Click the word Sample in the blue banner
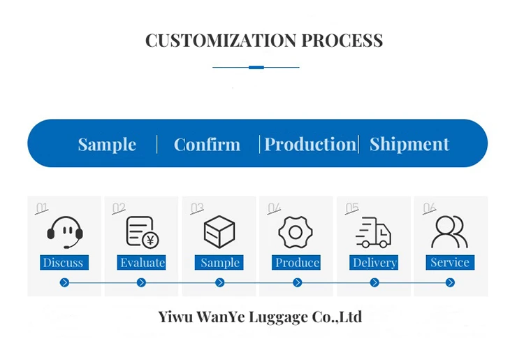[107, 145]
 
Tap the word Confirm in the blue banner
[207, 145]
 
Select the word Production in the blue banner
[310, 145]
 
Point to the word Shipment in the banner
[409, 145]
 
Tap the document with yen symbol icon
[142, 232]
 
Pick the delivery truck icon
[373, 232]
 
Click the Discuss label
[63, 263]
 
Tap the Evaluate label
[142, 263]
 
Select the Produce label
[298, 263]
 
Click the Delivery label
[374, 263]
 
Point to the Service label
[450, 263]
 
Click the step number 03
[197, 208]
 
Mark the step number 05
[352, 208]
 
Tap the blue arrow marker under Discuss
[64, 282]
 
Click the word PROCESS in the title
[342, 41]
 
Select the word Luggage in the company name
[270, 317]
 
